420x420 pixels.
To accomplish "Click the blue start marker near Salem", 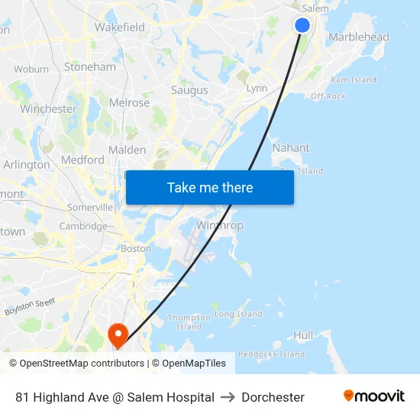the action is [302, 25].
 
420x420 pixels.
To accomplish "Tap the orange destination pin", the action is [118, 334].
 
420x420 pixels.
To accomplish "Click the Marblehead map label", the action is [358, 37].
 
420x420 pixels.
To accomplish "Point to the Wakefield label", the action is [120, 27].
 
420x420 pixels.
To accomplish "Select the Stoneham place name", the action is [90, 66].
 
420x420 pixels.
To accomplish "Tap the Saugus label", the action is [189, 90].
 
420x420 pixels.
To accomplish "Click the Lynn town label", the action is [257, 89].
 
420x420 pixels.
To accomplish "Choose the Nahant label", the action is [291, 147].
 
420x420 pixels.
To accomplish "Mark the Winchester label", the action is [48, 108].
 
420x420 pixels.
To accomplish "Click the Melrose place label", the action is [129, 102].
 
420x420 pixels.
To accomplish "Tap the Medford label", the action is [82, 160].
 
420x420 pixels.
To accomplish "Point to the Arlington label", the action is [27, 164].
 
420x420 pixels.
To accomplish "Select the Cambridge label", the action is [83, 226].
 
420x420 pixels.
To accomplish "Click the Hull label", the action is [303, 334].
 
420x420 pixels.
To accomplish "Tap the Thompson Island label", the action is [189, 321].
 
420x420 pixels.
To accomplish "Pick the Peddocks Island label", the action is [271, 354].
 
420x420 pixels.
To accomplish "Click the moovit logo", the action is [373, 396].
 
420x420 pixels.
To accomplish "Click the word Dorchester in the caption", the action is [273, 397].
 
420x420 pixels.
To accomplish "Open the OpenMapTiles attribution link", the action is [194, 363].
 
